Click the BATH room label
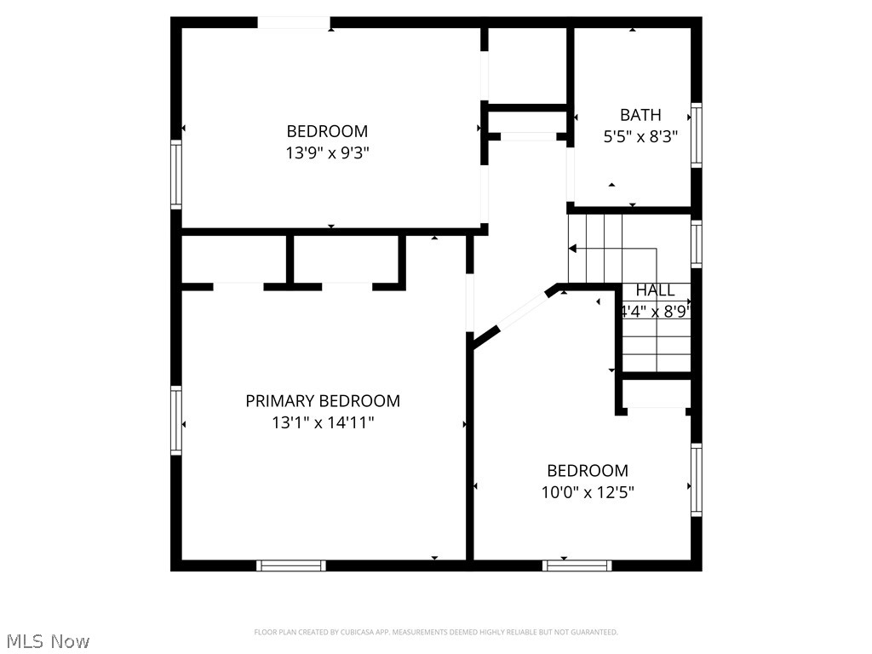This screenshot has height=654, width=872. (x=640, y=115)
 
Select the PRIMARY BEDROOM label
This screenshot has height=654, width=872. (x=323, y=401)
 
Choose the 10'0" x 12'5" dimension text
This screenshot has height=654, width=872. (x=588, y=491)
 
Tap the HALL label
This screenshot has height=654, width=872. (x=655, y=290)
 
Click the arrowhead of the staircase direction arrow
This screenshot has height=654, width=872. (x=573, y=249)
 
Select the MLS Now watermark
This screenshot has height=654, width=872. (x=47, y=640)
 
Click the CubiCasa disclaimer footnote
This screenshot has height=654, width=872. (x=435, y=632)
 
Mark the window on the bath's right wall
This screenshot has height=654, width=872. (x=697, y=135)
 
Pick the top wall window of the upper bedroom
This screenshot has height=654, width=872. (x=294, y=23)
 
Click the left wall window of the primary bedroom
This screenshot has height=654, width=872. (x=176, y=421)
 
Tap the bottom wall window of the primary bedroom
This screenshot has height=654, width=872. (x=291, y=565)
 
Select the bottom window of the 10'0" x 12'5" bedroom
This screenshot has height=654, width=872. (x=577, y=565)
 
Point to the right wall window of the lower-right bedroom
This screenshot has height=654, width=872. (x=697, y=480)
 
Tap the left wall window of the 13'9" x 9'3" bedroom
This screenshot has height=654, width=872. (x=176, y=175)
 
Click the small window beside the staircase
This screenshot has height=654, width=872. (x=697, y=244)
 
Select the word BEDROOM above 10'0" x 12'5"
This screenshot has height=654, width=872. (x=588, y=471)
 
